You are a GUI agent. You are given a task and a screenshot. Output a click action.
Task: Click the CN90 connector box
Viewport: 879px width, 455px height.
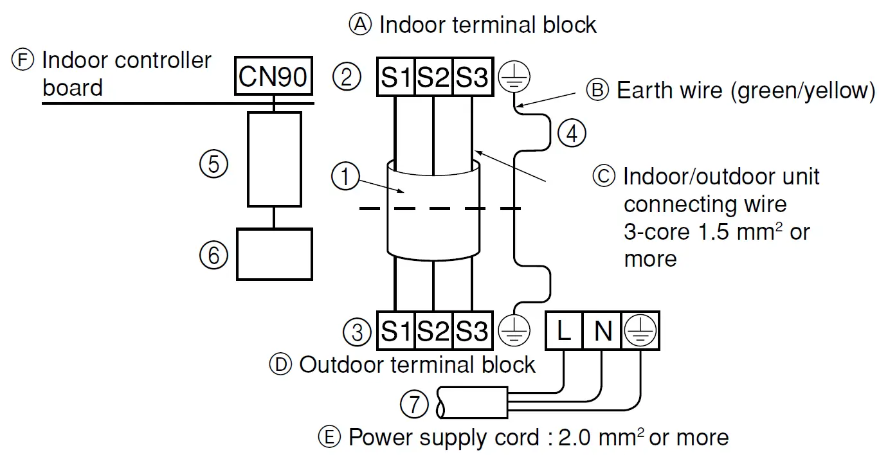tap(273, 76)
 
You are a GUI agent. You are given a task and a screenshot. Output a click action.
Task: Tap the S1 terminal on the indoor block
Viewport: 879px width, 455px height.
tap(395, 77)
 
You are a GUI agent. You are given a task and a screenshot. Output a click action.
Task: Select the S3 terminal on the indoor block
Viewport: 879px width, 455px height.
tap(473, 77)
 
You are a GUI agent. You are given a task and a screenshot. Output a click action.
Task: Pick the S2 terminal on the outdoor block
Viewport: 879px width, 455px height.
tap(433, 331)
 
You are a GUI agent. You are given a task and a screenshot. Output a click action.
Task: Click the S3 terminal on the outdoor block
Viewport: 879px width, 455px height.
tap(473, 331)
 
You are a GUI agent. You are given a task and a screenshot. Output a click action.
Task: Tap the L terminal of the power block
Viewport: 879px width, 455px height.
tap(564, 331)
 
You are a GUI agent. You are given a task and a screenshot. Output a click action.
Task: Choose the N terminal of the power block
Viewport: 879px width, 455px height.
tap(602, 331)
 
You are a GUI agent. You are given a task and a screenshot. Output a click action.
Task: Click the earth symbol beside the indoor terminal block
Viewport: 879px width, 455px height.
tap(514, 76)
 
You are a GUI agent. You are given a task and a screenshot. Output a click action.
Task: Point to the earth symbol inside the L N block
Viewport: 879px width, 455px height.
tap(640, 331)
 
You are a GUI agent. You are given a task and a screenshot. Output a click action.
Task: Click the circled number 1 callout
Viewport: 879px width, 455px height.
tap(345, 176)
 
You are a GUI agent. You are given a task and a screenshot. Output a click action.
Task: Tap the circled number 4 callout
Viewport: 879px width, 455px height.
tap(572, 134)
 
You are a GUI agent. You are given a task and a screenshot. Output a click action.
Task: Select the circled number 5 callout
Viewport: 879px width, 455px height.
tap(214, 164)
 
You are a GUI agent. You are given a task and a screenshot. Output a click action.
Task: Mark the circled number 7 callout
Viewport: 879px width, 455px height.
tap(414, 404)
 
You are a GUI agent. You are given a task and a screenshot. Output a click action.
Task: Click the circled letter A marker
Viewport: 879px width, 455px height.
tap(360, 24)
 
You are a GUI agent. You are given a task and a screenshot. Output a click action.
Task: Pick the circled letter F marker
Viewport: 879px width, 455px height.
tap(23, 60)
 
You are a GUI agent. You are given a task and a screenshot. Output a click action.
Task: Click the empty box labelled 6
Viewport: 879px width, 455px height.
tap(275, 254)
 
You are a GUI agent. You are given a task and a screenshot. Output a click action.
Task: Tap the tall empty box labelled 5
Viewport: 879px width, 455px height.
tap(275, 159)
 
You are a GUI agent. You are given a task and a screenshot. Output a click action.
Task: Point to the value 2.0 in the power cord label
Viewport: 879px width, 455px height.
tap(574, 437)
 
